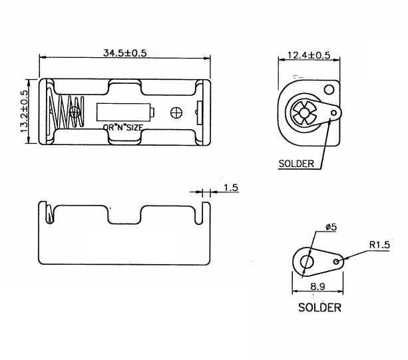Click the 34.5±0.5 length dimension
click(x=125, y=53)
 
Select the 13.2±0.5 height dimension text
click(x=25, y=112)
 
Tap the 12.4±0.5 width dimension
click(x=308, y=55)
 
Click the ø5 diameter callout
click(x=331, y=228)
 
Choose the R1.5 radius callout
click(x=378, y=244)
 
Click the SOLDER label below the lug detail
click(x=319, y=307)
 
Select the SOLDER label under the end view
click(x=296, y=164)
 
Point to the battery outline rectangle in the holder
click(x=125, y=112)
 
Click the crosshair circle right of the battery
click(x=177, y=112)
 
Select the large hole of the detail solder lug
click(x=307, y=261)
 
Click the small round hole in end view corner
click(x=328, y=90)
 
